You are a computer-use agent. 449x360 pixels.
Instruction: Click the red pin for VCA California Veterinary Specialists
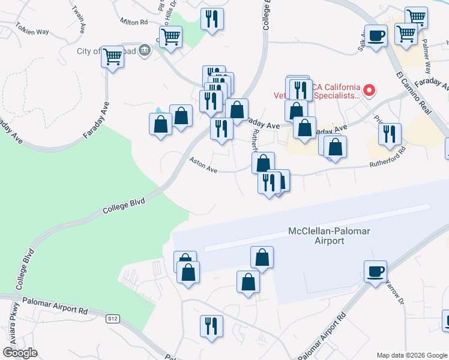pos(370,91)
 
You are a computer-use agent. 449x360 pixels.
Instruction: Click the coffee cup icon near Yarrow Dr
pos(375,271)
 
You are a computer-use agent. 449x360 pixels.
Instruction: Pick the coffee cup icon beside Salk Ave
pos(376,35)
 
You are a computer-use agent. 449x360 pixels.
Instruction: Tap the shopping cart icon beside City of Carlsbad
pos(112,57)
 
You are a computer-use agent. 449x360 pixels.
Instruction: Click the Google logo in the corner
pos(20,353)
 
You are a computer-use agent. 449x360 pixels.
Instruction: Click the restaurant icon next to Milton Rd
pos(212,19)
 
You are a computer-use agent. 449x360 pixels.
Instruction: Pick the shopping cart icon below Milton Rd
pos(171,37)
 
